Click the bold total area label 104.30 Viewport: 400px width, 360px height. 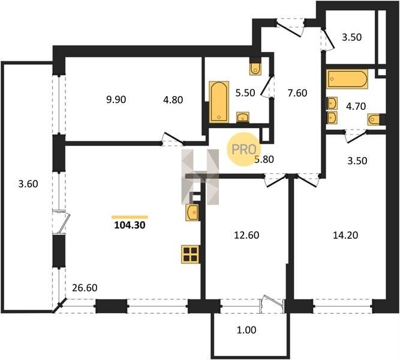coord(130,225)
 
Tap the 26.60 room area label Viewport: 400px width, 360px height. coord(85,288)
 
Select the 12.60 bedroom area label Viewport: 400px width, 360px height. coord(246,235)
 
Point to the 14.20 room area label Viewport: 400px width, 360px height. coord(345,235)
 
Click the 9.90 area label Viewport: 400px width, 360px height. coord(116,100)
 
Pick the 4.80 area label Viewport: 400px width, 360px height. coord(173,100)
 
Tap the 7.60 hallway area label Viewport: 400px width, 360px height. coord(297,93)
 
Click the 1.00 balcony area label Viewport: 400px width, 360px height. coord(246,330)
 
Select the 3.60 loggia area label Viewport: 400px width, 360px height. coord(28,184)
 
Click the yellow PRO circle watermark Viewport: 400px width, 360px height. coord(243,149)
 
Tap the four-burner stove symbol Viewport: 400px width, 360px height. coord(190,254)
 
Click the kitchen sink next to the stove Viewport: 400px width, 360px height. coord(192,212)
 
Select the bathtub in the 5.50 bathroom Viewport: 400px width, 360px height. coord(219,101)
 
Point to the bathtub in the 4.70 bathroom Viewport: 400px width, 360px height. coord(347,79)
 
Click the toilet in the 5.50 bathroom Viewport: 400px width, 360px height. coord(255,67)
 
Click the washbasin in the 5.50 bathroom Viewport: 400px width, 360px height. coord(243,117)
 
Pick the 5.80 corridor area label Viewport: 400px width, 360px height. coord(264,160)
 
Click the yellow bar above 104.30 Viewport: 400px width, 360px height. coord(130,217)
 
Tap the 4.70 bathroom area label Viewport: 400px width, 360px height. coord(356,106)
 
